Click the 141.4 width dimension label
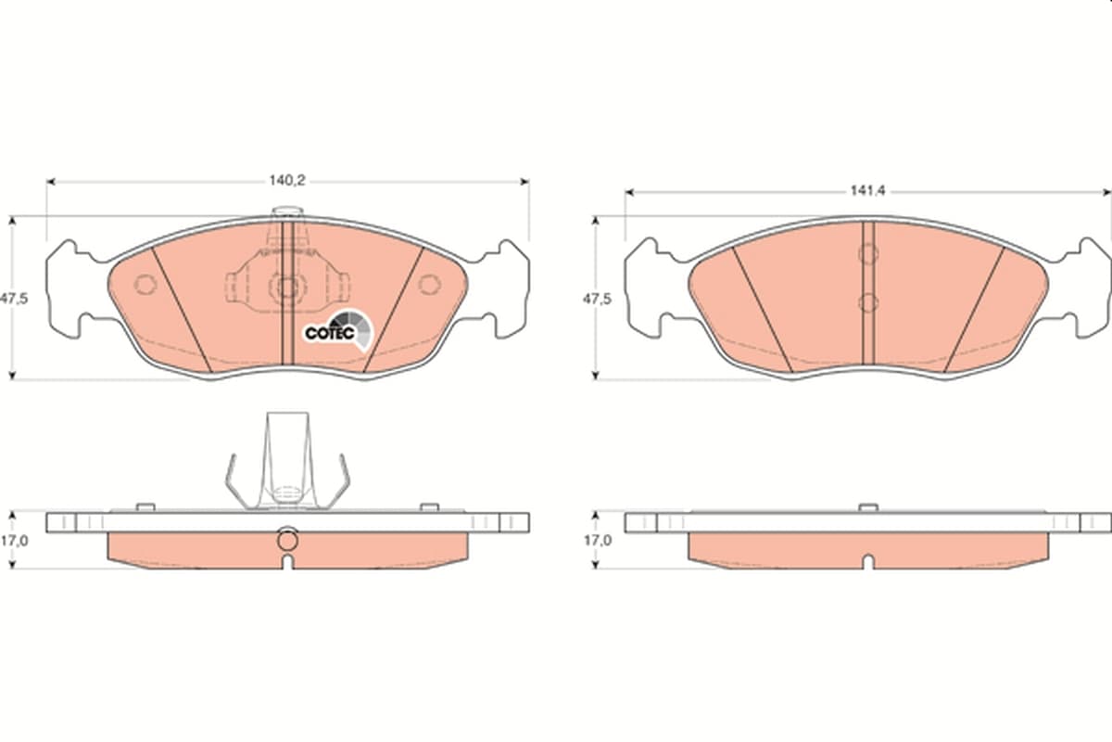[867, 191]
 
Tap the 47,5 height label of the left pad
[14, 299]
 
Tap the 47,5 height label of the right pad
[597, 300]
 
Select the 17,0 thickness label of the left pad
[14, 541]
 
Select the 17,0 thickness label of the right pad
[597, 541]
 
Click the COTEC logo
[338, 329]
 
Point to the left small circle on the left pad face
[145, 284]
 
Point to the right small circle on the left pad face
[429, 284]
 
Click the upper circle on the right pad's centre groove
[868, 254]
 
